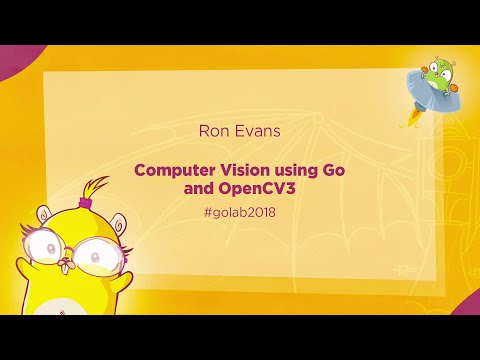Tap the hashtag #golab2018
(239, 212)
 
